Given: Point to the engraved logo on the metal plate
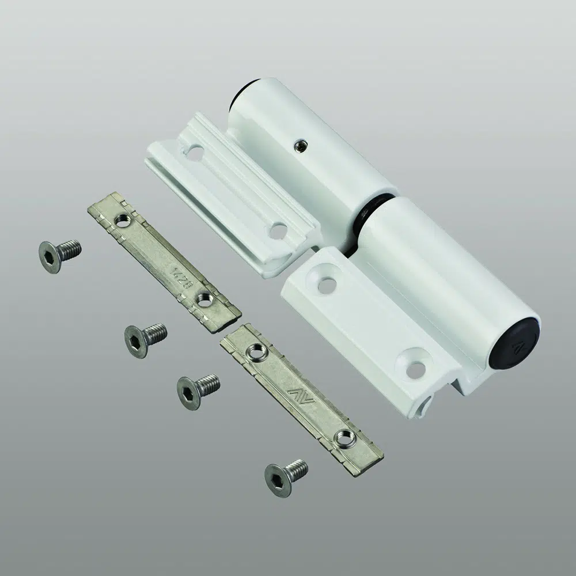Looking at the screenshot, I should [301, 396].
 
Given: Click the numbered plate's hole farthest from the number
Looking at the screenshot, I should [122, 219].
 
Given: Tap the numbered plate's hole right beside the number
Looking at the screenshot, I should [203, 299].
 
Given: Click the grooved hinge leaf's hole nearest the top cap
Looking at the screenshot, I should [196, 154].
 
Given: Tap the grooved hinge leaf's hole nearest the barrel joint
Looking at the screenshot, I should [278, 231].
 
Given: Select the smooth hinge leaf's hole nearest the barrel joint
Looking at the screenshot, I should [327, 283].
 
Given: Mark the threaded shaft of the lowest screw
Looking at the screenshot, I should [297, 467].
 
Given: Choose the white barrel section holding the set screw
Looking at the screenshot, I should [311, 144].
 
